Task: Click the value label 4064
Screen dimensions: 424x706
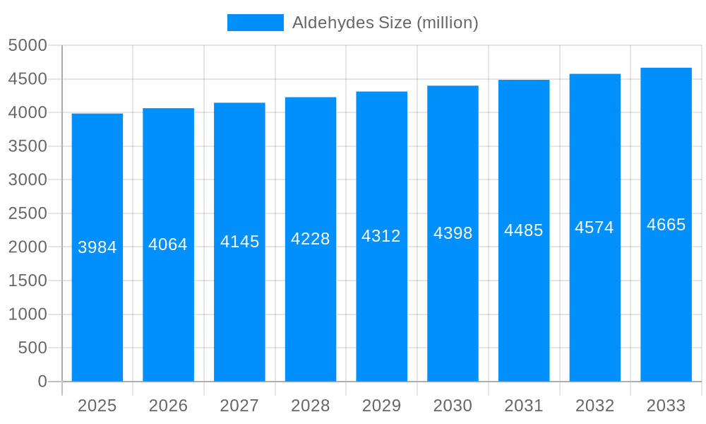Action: pyautogui.click(x=168, y=245)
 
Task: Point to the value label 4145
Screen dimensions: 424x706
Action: pyautogui.click(x=240, y=242)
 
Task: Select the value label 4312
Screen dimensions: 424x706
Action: pyautogui.click(x=381, y=236)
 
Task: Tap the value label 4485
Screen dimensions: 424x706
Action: pyautogui.click(x=524, y=230)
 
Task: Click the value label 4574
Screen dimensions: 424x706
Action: pyautogui.click(x=594, y=228)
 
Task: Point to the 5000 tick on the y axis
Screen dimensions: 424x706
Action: pyautogui.click(x=28, y=46)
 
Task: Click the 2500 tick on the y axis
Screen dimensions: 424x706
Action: pyautogui.click(x=28, y=213)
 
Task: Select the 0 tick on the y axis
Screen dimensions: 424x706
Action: pyautogui.click(x=42, y=382)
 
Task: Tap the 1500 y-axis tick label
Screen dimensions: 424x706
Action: pyautogui.click(x=28, y=281)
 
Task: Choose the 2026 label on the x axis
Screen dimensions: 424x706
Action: pyautogui.click(x=168, y=406)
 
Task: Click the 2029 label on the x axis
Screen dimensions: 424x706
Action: pyautogui.click(x=381, y=406)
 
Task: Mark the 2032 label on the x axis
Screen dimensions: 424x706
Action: pyautogui.click(x=594, y=406)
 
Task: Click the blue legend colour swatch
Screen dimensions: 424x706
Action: pyautogui.click(x=255, y=23)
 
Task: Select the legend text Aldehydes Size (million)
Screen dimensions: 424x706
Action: pyautogui.click(x=385, y=23)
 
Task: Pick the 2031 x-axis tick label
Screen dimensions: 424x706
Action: pyautogui.click(x=524, y=406)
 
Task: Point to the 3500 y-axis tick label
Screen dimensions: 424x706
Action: pyautogui.click(x=28, y=146)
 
